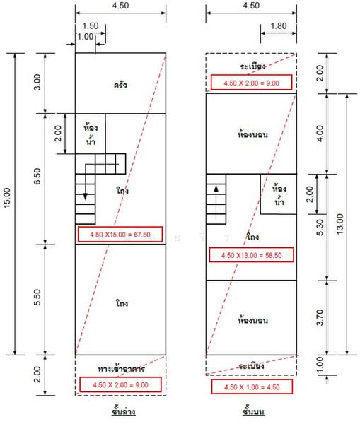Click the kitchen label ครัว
point(120,86)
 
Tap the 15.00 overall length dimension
point(7,198)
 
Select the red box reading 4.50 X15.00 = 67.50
point(120,234)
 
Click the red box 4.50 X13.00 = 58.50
point(252,255)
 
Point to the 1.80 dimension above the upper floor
point(279,26)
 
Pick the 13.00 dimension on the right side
point(339,224)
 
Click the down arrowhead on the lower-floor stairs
point(86,196)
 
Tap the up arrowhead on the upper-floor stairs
point(216,189)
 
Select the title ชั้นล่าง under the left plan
point(124,411)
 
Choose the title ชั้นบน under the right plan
point(253,411)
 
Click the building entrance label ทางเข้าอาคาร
point(121,369)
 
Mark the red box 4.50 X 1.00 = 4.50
point(252,387)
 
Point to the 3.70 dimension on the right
point(320,317)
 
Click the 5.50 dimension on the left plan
point(37,298)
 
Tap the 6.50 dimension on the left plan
point(37,176)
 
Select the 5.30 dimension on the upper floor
point(320,227)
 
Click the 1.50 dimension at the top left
point(90,26)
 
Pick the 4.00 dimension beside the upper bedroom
point(320,134)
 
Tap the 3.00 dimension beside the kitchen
point(37,82)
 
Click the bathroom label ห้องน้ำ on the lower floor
point(91,134)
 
